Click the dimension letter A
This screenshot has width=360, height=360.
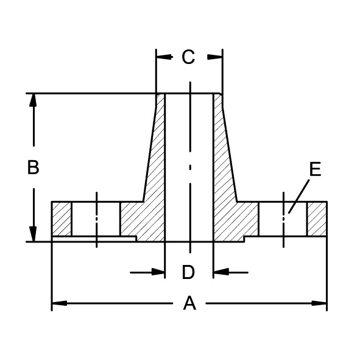[190, 303]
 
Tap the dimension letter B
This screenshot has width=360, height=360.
[34, 168]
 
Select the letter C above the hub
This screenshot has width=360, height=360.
[188, 57]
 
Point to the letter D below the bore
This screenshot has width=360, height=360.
[188, 272]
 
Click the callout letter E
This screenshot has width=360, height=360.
[314, 170]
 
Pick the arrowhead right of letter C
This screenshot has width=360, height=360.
[215, 57]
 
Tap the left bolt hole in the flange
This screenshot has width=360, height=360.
[96, 219]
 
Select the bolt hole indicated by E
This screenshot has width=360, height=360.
[283, 219]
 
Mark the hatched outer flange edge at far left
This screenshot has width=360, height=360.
[62, 219]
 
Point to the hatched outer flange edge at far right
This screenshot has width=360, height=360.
[317, 219]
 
